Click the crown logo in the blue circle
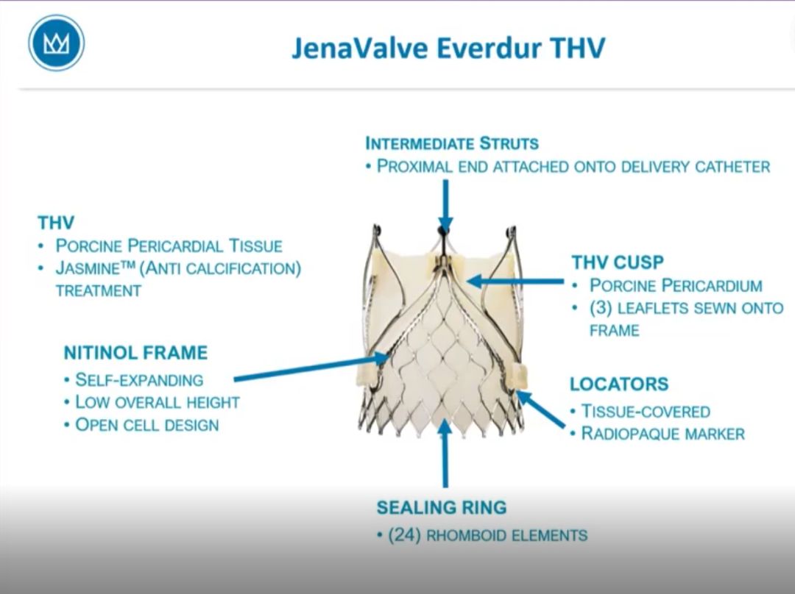[56, 43]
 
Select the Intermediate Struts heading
[452, 143]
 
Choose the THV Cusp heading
[618, 262]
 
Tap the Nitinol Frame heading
[136, 352]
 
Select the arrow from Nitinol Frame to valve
[311, 368]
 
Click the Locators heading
[619, 384]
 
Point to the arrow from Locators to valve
[540, 409]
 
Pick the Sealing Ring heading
[442, 507]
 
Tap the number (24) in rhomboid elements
[404, 535]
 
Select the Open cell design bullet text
[147, 425]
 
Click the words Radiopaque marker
[662, 434]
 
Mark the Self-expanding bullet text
[139, 380]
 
